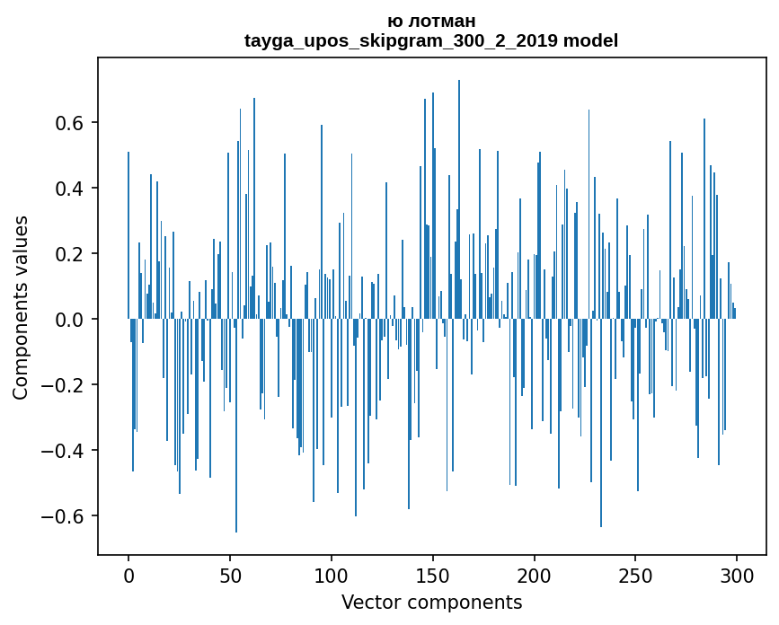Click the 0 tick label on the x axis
click(x=128, y=575)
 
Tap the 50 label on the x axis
click(x=230, y=575)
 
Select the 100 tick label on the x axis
click(x=332, y=575)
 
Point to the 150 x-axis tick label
click(x=433, y=575)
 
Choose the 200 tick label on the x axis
click(x=535, y=575)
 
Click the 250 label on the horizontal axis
click(x=636, y=575)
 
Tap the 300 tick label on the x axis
click(x=737, y=575)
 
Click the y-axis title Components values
click(x=21, y=307)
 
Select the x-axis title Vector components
click(x=431, y=602)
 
